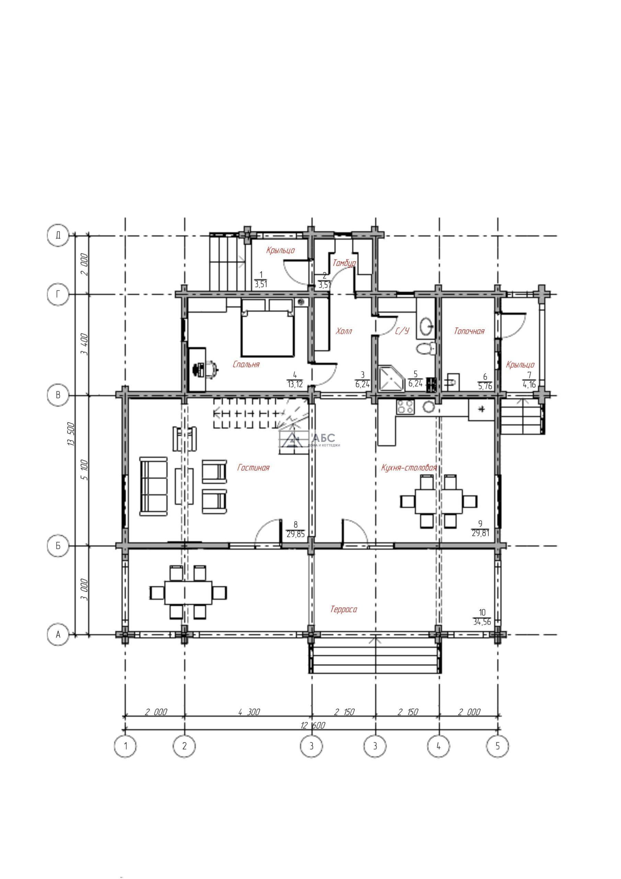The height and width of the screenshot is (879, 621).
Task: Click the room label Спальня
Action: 246,364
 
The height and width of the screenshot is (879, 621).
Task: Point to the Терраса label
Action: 344,609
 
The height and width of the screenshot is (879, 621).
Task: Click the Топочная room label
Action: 469,331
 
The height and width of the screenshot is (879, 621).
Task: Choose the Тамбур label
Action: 344,263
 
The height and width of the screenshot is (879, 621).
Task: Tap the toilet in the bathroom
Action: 426,349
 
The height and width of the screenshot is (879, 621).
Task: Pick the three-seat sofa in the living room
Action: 153,486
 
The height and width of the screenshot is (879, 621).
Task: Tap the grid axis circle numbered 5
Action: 497,746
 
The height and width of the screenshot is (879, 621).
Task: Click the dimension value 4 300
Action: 249,712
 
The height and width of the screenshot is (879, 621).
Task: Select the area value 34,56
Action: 482,622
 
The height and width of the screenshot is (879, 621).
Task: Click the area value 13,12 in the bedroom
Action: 295,384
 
